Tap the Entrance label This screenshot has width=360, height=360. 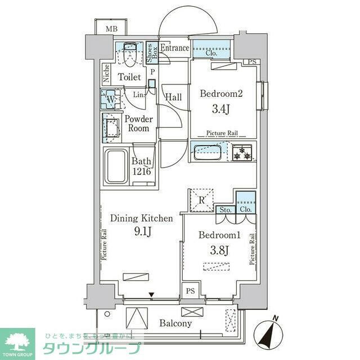pyautogui.click(x=174, y=48)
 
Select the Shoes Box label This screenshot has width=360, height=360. pyautogui.click(x=151, y=53)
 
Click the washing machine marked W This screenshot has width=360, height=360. pyautogui.click(x=110, y=100)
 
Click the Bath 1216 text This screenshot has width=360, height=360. pyautogui.click(x=141, y=166)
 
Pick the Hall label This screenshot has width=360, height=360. pyautogui.click(x=173, y=97)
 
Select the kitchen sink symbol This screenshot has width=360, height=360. pyautogui.click(x=208, y=151)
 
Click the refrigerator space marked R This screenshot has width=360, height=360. pyautogui.click(x=200, y=199)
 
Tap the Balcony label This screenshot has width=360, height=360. pyautogui.click(x=175, y=323)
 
